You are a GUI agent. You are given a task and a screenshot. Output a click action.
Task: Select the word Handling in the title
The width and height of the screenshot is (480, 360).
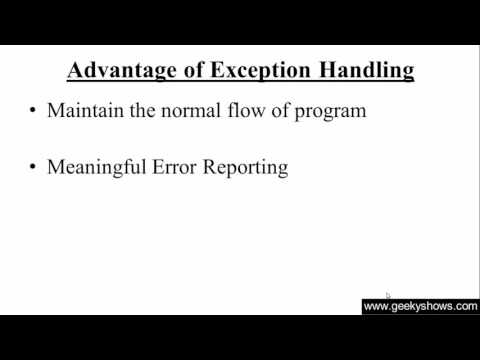click(x=362, y=70)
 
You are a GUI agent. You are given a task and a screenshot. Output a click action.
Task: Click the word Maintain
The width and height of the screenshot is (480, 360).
click(x=85, y=111)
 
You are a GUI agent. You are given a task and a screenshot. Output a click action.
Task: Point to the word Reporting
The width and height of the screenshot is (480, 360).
click(x=247, y=168)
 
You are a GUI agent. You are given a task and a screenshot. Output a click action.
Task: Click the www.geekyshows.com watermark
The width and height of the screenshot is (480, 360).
click(x=420, y=307)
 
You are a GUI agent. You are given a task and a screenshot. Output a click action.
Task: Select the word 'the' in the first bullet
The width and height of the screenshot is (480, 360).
click(x=146, y=111)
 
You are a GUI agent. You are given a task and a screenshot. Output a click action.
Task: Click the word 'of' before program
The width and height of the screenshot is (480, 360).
click(x=289, y=111)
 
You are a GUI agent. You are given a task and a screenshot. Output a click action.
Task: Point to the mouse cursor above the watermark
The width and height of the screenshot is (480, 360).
click(x=388, y=296)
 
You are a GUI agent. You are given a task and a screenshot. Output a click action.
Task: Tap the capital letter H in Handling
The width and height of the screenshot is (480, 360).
click(x=321, y=70)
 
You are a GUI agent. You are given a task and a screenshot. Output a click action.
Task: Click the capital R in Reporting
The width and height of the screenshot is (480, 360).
click(x=210, y=167)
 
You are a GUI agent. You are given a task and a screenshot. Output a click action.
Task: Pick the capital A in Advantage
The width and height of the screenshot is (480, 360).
click(x=74, y=70)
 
